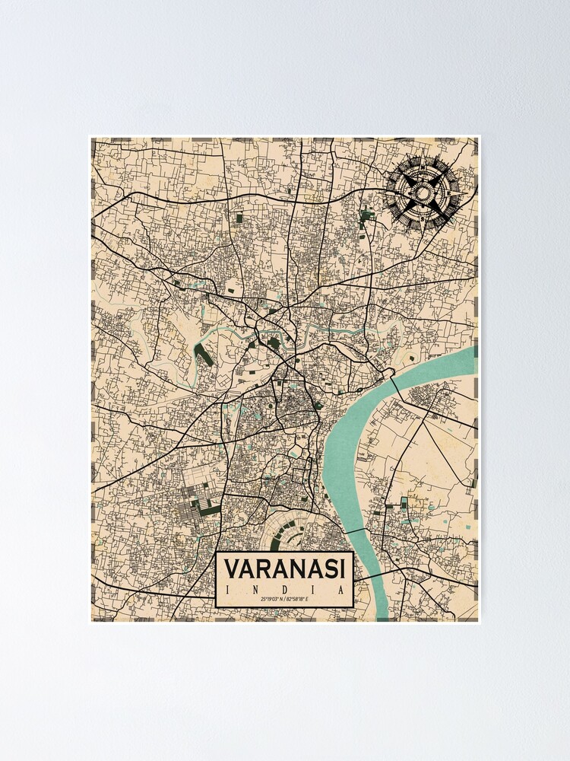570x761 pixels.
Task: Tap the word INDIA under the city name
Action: click(285, 591)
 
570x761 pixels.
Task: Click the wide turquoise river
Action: click(346, 457)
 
